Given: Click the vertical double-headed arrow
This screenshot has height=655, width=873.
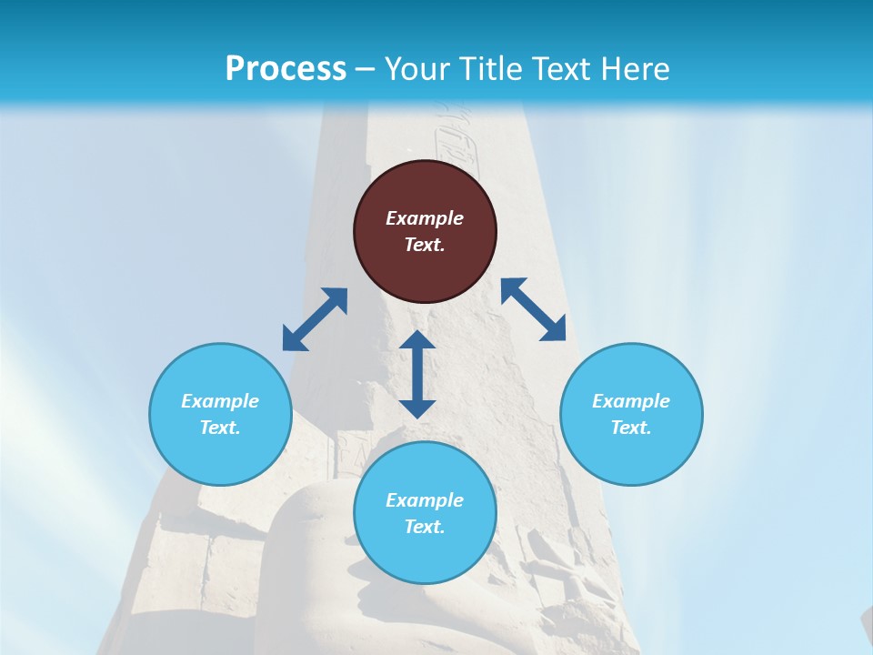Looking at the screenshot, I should tap(417, 374).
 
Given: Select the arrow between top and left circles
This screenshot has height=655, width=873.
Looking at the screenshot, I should tap(315, 319).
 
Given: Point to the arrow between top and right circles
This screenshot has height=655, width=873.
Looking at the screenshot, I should tap(534, 309).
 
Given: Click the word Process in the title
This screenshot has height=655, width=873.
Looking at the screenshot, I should tap(286, 68).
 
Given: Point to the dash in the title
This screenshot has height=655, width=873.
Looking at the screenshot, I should tap(365, 69).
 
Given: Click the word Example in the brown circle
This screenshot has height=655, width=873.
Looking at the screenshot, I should tap(425, 218).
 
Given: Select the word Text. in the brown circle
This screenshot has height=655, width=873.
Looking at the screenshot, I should tap(425, 245).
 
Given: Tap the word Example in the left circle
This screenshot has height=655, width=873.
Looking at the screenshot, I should tap(220, 401).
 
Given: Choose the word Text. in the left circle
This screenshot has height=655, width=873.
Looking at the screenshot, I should tap(220, 428).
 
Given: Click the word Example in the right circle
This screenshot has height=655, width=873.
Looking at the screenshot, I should tap(631, 401).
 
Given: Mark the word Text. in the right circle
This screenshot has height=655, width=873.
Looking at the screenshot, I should tap(631, 428).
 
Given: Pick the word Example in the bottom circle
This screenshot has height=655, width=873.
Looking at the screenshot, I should tap(425, 500).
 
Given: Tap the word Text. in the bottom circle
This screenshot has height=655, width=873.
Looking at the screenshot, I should tap(425, 527).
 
